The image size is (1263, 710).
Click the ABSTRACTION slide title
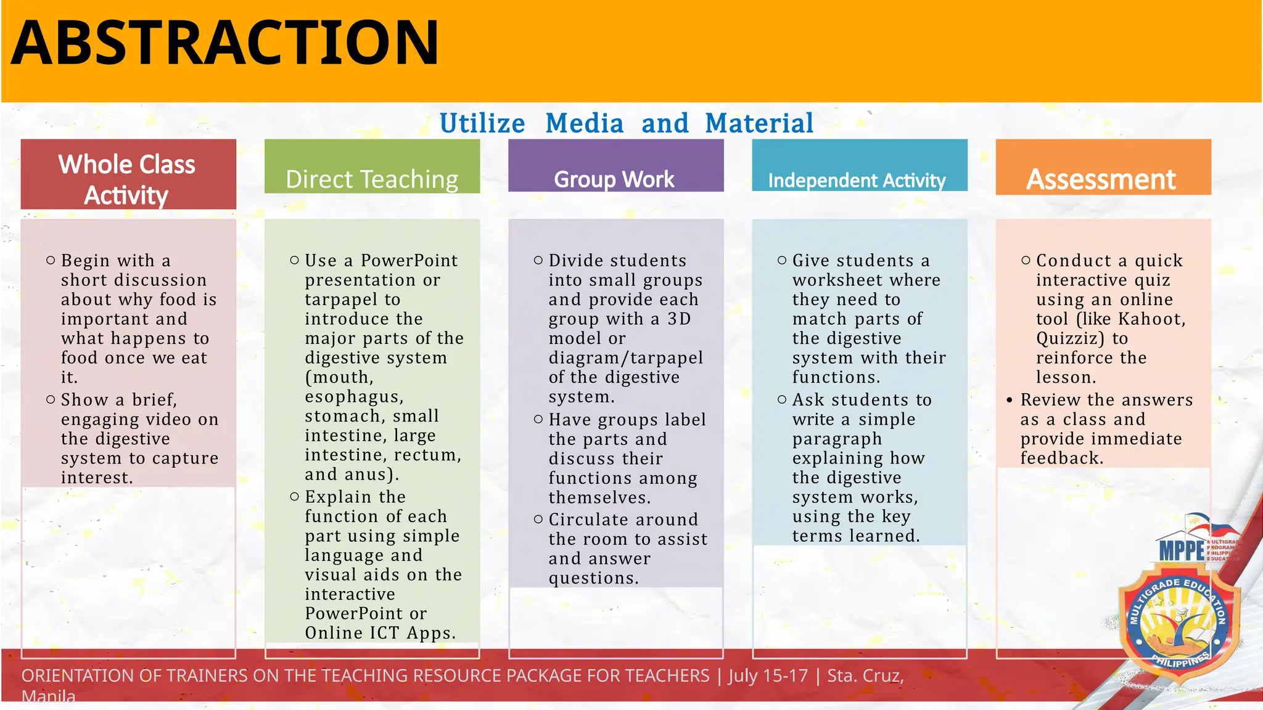225,43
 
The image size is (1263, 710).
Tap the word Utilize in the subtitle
482,123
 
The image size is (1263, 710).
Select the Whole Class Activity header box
128,174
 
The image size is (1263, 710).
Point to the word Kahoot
1150,319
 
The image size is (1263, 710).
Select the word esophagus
353,397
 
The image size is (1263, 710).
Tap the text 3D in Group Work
679,319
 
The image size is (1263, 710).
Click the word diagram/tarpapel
625,358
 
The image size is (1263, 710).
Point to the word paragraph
837,439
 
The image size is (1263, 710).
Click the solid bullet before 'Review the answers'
1009,401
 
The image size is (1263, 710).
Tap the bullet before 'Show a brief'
51,400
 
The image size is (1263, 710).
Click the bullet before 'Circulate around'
538,520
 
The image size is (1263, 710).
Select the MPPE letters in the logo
1182,550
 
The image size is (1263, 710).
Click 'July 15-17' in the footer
768,676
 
